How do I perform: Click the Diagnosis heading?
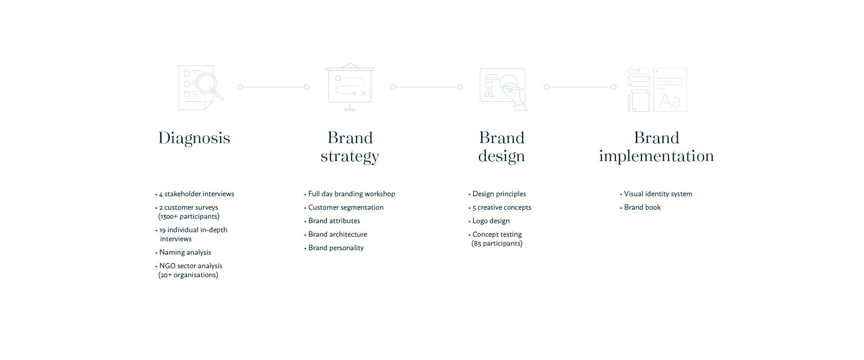point(194,138)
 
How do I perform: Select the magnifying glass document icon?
point(201,88)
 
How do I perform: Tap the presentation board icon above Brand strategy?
point(350,87)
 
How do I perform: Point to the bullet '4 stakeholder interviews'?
point(195,194)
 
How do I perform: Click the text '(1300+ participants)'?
point(189,216)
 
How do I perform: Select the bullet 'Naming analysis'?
point(183,252)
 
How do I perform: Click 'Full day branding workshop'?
point(350,194)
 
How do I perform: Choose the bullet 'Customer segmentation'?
point(344,207)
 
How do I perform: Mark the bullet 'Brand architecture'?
point(336,234)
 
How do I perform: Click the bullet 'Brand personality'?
point(334,248)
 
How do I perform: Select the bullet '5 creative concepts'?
point(500,207)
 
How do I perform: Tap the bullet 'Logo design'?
point(489,221)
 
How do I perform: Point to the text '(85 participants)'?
point(497,243)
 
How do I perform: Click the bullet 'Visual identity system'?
point(656,194)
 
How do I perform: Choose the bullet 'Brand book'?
point(640,207)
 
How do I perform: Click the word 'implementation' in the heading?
point(657,156)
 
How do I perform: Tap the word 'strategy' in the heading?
point(350,157)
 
